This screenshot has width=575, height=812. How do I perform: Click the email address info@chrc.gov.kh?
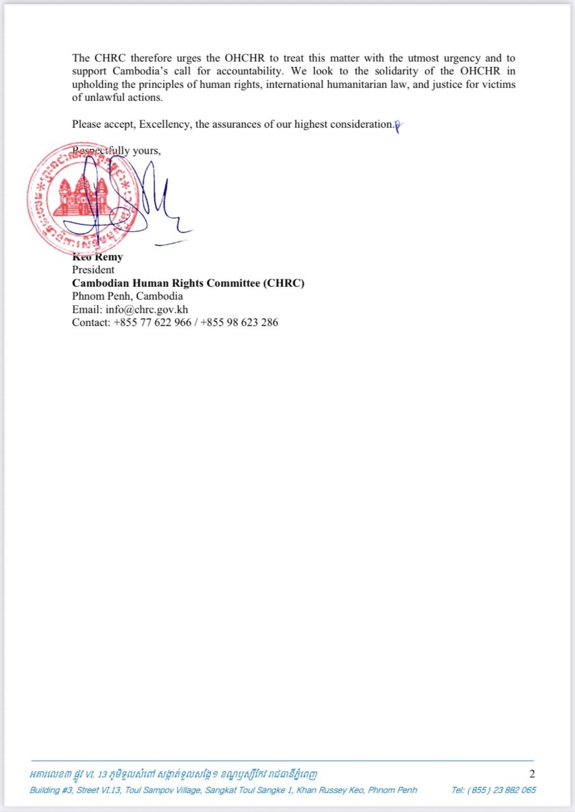click(x=147, y=309)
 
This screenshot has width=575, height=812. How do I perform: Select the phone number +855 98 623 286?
click(x=239, y=322)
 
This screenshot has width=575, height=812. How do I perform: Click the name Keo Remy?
click(x=97, y=257)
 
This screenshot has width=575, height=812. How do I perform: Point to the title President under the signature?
click(x=93, y=270)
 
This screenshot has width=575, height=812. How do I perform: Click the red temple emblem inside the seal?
click(x=80, y=196)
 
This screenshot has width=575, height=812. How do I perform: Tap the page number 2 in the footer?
click(x=532, y=774)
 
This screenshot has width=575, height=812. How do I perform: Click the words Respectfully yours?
click(x=116, y=150)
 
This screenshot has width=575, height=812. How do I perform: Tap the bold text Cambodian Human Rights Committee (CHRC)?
click(x=188, y=283)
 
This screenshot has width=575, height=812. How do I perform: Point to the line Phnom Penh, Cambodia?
click(x=127, y=296)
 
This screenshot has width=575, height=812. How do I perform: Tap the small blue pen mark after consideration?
click(x=398, y=125)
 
